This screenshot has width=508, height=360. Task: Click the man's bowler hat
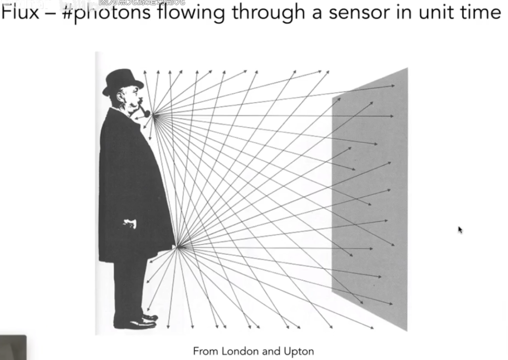click(123, 81)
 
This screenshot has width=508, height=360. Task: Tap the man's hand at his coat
click(130, 223)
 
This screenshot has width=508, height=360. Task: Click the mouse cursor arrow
click(460, 230)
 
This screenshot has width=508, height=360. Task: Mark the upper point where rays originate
click(154, 115)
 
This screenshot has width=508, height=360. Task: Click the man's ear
click(122, 96)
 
